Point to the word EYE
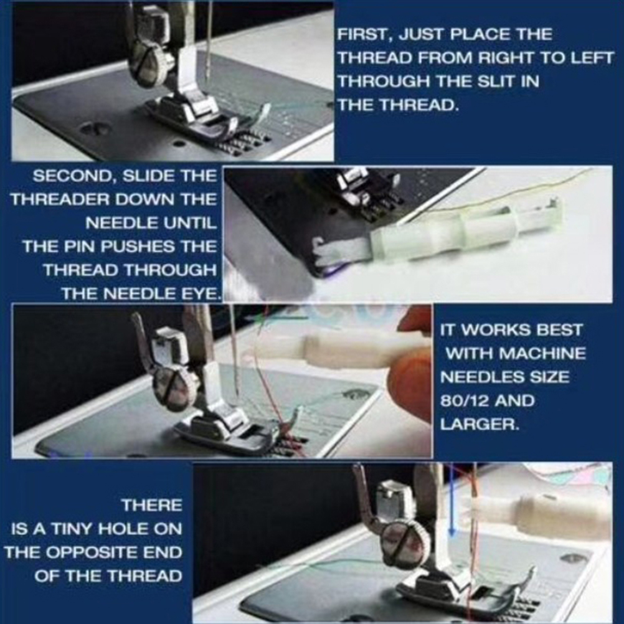point(203,293)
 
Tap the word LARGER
point(479,424)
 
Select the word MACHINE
point(542,353)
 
